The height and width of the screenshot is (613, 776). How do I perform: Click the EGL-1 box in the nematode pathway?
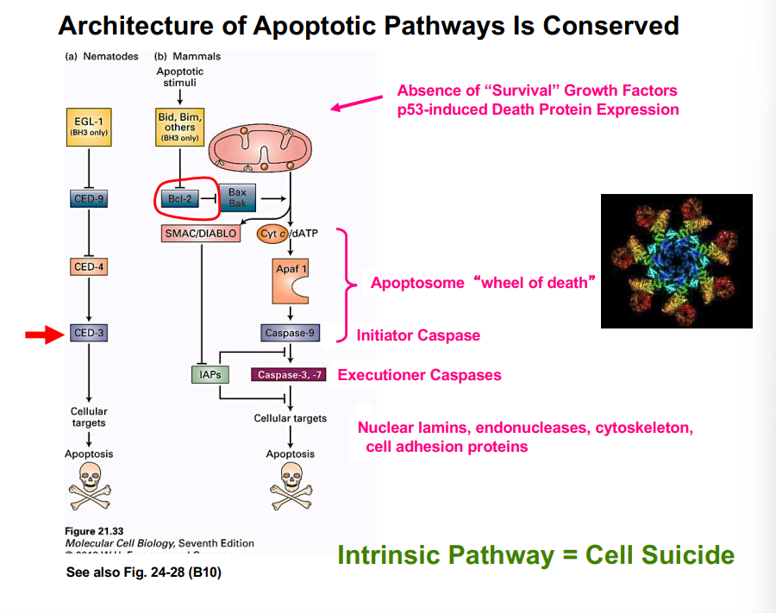pos(89,126)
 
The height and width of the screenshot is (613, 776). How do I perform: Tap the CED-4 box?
pos(89,267)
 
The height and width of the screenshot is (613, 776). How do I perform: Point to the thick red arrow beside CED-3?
pos(42,334)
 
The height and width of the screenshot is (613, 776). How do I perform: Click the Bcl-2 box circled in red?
pos(179,198)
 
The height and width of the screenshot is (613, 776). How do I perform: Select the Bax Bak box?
pos(237,197)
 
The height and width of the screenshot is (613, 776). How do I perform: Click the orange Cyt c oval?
pos(274,233)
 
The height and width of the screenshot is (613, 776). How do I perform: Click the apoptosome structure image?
pos(676,260)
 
